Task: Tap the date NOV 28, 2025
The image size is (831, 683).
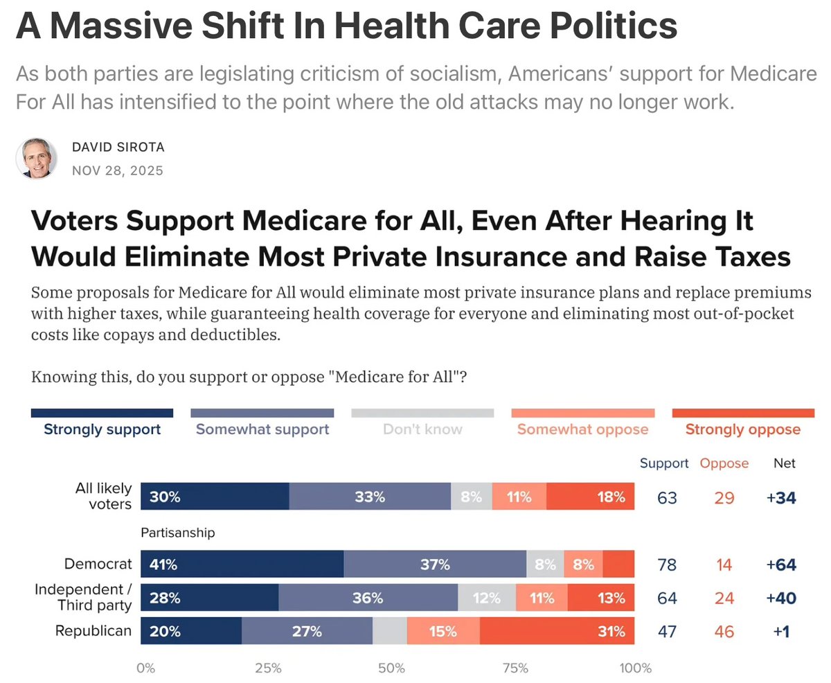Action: (118, 170)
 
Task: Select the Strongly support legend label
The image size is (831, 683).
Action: (102, 429)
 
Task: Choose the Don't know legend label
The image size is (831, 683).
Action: (422, 429)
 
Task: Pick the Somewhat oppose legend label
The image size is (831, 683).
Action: (582, 429)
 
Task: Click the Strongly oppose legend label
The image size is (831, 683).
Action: (742, 429)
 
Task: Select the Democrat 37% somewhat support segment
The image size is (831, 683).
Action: (435, 565)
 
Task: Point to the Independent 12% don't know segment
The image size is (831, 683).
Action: (488, 598)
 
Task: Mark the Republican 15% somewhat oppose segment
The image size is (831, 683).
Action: (443, 632)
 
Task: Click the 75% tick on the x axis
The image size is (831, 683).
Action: (515, 669)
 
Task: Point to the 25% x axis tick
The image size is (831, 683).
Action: (268, 669)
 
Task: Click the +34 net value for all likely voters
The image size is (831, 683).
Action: (781, 497)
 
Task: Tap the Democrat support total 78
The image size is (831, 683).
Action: (667, 565)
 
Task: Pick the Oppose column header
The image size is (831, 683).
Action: (724, 463)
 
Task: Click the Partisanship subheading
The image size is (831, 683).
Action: (178, 533)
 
